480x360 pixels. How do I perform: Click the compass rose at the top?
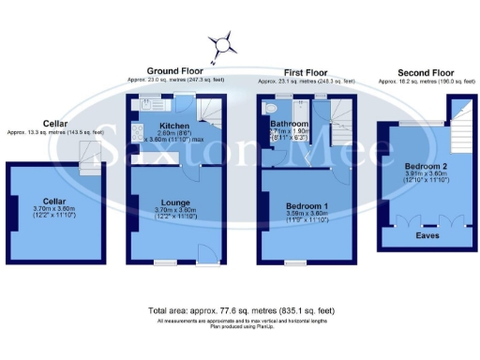click(x=223, y=41)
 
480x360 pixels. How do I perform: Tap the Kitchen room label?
click(x=174, y=126)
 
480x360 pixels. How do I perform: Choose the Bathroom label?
click(x=285, y=123)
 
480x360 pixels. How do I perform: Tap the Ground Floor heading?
click(x=175, y=70)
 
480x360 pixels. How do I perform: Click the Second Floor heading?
click(x=425, y=72)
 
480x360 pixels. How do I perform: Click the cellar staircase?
click(x=91, y=166)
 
